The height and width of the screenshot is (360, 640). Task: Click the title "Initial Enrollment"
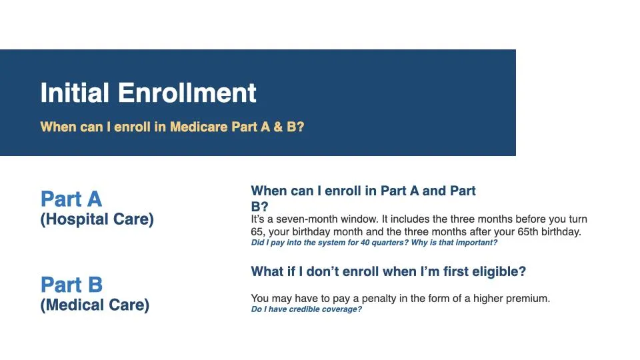click(x=148, y=93)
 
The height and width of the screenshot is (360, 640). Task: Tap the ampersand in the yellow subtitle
click(x=278, y=127)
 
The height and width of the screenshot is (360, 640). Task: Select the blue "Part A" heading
click(x=71, y=199)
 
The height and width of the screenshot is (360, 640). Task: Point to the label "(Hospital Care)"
click(x=97, y=219)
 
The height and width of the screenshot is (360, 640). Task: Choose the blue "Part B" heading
click(x=72, y=285)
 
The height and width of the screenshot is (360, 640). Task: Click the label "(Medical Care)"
click(x=95, y=305)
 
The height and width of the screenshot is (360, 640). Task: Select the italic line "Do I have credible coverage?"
click(x=307, y=309)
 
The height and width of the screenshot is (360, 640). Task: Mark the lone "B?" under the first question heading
click(x=259, y=207)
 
